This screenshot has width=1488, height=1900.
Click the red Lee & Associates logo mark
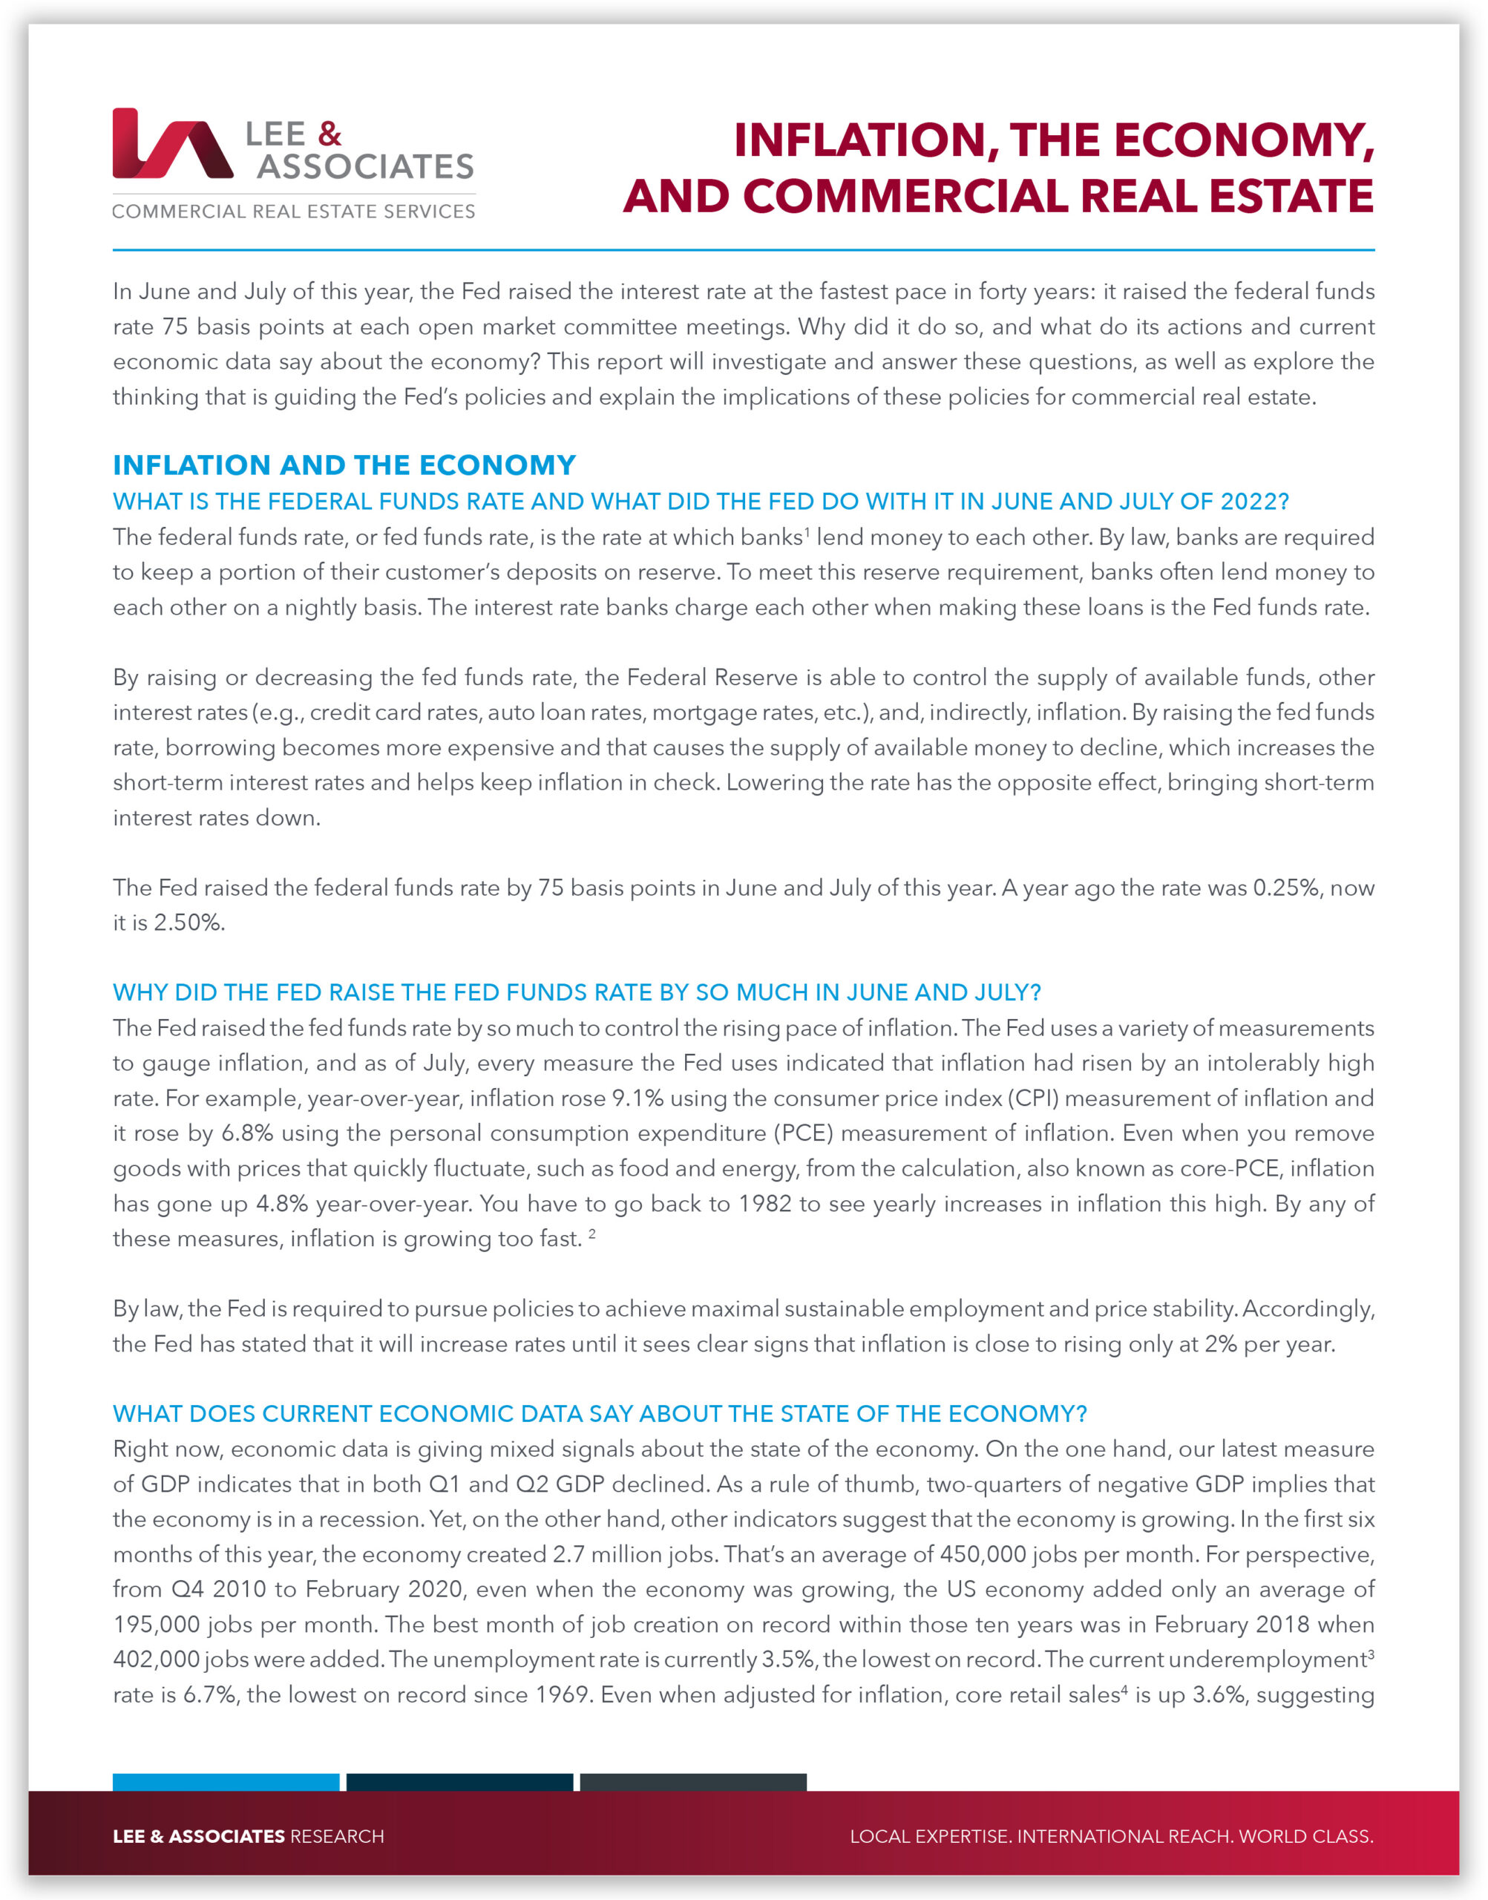coord(171,144)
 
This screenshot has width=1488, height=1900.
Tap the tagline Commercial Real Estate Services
coord(294,212)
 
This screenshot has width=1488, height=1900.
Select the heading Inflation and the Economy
coord(344,465)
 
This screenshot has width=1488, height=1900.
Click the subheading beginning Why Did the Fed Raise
coord(577,992)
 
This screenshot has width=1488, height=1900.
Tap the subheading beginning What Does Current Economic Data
coord(600,1414)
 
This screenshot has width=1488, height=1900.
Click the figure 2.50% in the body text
coord(189,923)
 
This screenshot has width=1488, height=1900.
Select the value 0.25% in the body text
coord(1285,888)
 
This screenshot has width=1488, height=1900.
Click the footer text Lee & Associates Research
coord(249,1836)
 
